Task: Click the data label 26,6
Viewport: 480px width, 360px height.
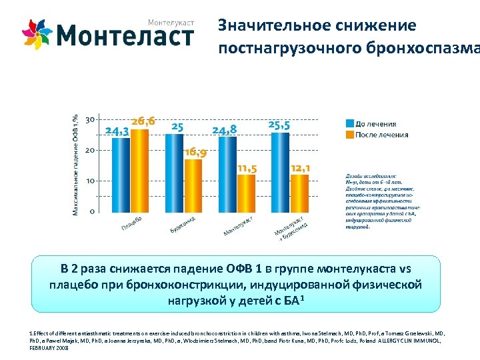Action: pyautogui.click(x=143, y=121)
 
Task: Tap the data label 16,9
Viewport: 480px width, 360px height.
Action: pyautogui.click(x=195, y=152)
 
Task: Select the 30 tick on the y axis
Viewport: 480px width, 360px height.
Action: pyautogui.click(x=89, y=119)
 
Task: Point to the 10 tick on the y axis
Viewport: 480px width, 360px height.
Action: pyautogui.click(x=89, y=181)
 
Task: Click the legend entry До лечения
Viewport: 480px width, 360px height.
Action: pyautogui.click(x=375, y=123)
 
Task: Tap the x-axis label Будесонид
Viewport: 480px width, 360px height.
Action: pyautogui.click(x=182, y=225)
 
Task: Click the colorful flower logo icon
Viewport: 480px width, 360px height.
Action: pyautogui.click(x=37, y=34)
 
